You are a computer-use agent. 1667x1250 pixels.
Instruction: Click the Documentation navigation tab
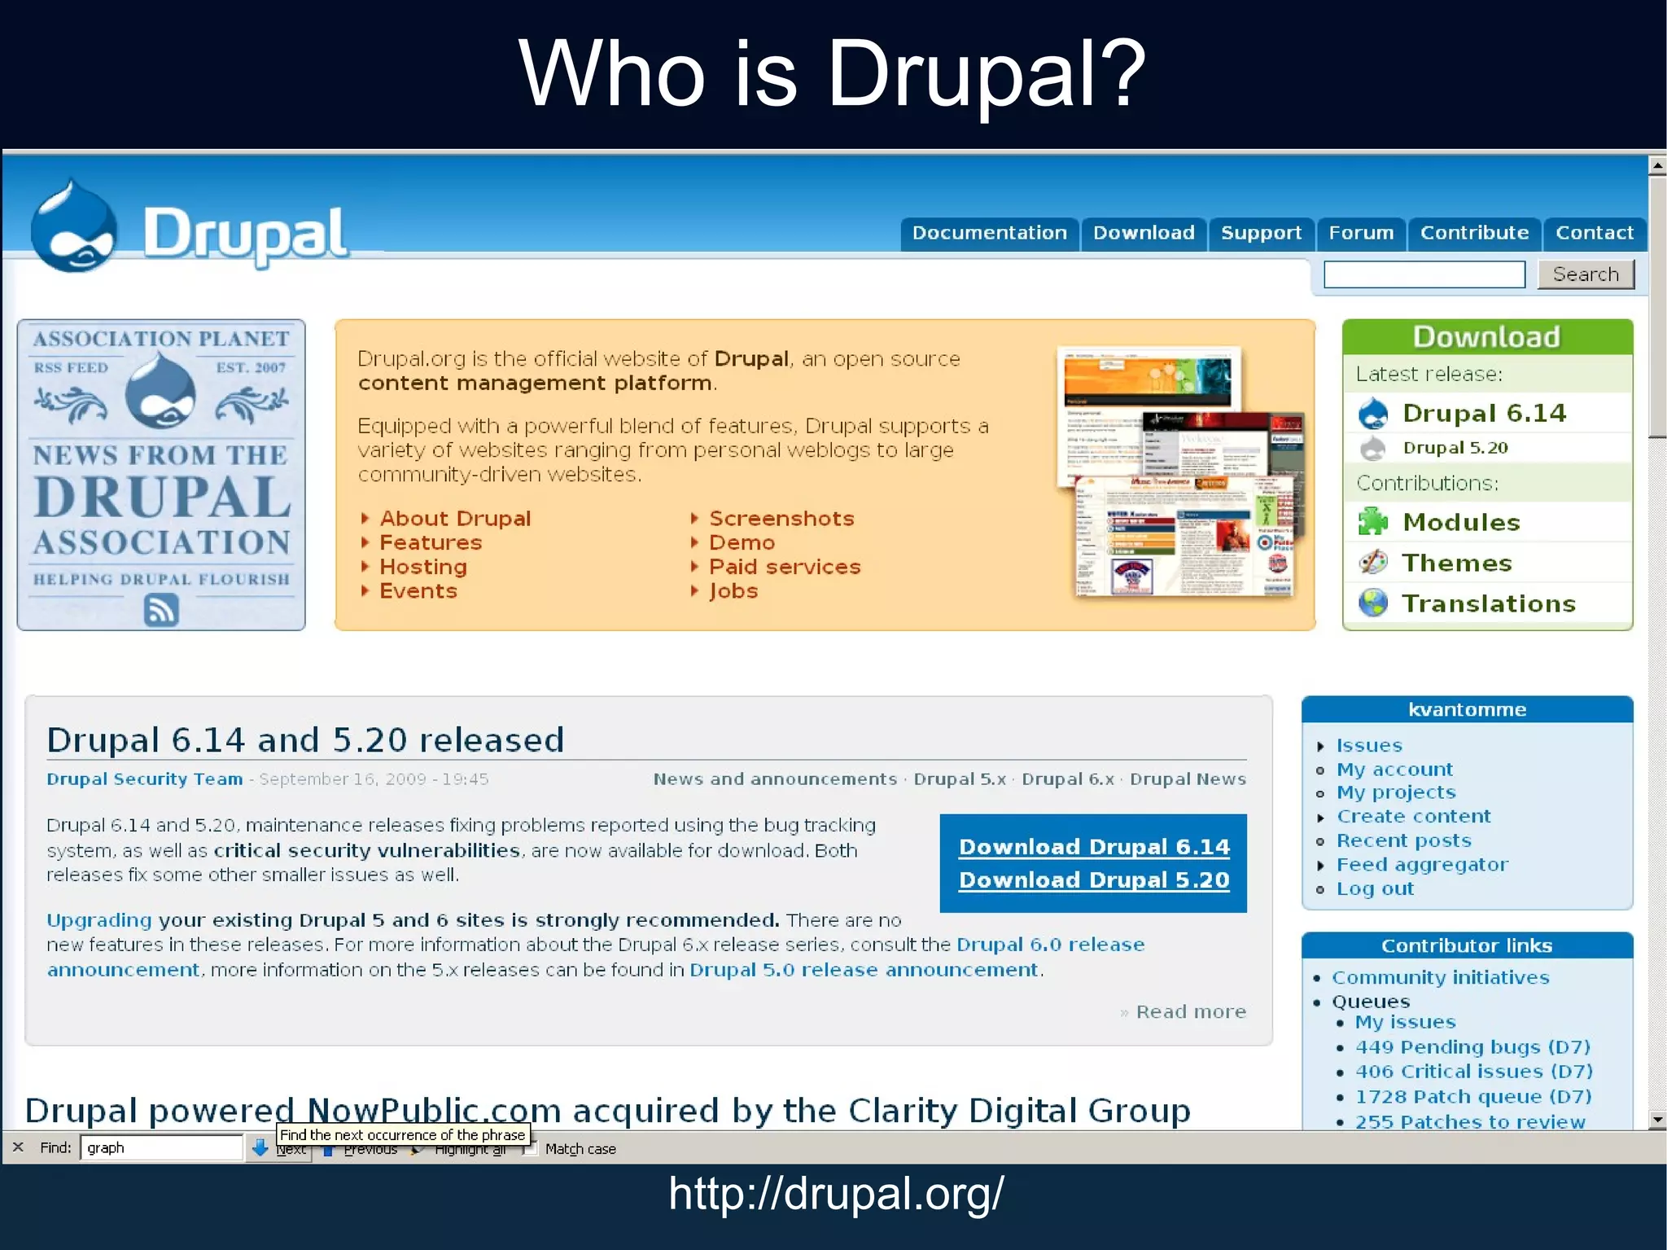pyautogui.click(x=989, y=233)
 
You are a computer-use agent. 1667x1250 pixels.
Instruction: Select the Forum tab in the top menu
pyautogui.click(x=1361, y=233)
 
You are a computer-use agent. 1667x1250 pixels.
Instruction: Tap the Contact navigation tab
pyautogui.click(x=1594, y=233)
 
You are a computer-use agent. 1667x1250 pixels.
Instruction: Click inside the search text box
pyautogui.click(x=1424, y=274)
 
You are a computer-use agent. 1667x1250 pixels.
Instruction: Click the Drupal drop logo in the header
pyautogui.click(x=73, y=228)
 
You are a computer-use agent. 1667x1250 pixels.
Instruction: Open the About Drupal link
pyautogui.click(x=455, y=519)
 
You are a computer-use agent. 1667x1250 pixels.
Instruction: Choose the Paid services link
pyautogui.click(x=785, y=567)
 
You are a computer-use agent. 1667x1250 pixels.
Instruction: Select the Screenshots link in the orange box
pyautogui.click(x=781, y=519)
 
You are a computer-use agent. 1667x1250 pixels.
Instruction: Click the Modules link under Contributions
pyautogui.click(x=1461, y=522)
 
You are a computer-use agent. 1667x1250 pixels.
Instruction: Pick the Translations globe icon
pyautogui.click(x=1373, y=603)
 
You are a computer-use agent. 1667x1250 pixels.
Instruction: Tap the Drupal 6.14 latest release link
pyautogui.click(x=1484, y=413)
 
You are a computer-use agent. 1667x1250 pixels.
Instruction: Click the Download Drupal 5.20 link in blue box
pyautogui.click(x=1094, y=880)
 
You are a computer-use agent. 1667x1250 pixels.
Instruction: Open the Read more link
pyautogui.click(x=1191, y=1011)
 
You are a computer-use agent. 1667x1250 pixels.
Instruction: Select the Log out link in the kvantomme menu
pyautogui.click(x=1375, y=889)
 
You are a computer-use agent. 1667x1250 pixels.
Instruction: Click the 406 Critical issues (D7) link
pyautogui.click(x=1473, y=1072)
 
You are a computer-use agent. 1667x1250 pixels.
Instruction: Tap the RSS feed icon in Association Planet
pyautogui.click(x=161, y=609)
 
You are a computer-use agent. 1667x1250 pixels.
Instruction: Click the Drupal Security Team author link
pyautogui.click(x=144, y=779)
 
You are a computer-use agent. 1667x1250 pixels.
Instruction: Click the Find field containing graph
pyautogui.click(x=162, y=1147)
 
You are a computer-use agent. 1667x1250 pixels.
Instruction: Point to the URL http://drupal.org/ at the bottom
pyautogui.click(x=836, y=1194)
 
